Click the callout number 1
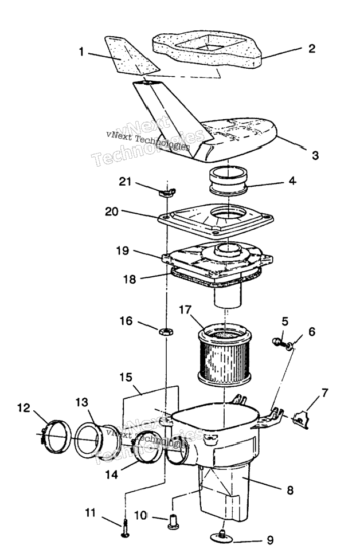point(81,52)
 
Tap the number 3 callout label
point(315,155)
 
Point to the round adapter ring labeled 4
point(228,181)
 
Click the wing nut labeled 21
point(167,193)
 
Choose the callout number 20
point(112,211)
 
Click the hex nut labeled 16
point(166,331)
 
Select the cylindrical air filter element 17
point(224,355)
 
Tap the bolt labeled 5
point(277,342)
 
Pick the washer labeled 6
point(290,345)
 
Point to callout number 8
point(290,490)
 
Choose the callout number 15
point(126,377)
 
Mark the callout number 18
point(130,279)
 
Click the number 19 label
point(122,250)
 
